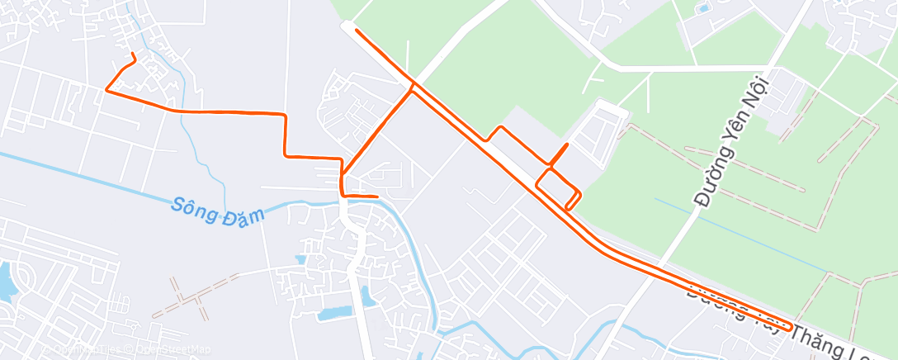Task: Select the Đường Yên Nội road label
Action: tap(732, 140)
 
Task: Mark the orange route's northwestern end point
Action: tap(133, 54)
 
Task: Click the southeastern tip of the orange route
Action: tap(791, 328)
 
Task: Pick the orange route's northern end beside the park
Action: tap(357, 31)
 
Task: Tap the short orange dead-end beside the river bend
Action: tap(376, 197)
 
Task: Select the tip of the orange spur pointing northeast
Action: tap(566, 145)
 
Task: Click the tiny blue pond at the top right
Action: tap(703, 9)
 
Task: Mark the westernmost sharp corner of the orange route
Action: tap(106, 90)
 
